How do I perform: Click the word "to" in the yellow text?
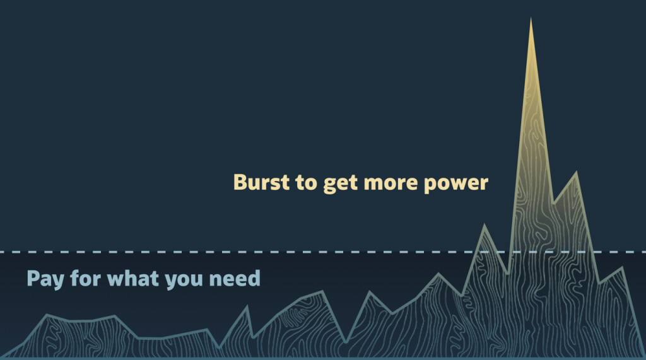click(306, 182)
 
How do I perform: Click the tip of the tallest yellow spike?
click(531, 18)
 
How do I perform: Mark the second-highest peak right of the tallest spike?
click(577, 171)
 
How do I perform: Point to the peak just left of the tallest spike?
click(484, 225)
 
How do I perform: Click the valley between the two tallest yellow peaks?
click(553, 202)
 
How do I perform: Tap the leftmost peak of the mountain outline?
click(47, 315)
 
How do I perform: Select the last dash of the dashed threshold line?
click(642, 252)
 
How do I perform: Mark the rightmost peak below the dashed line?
click(621, 268)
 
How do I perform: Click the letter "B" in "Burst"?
click(240, 182)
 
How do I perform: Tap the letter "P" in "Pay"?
click(33, 279)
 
